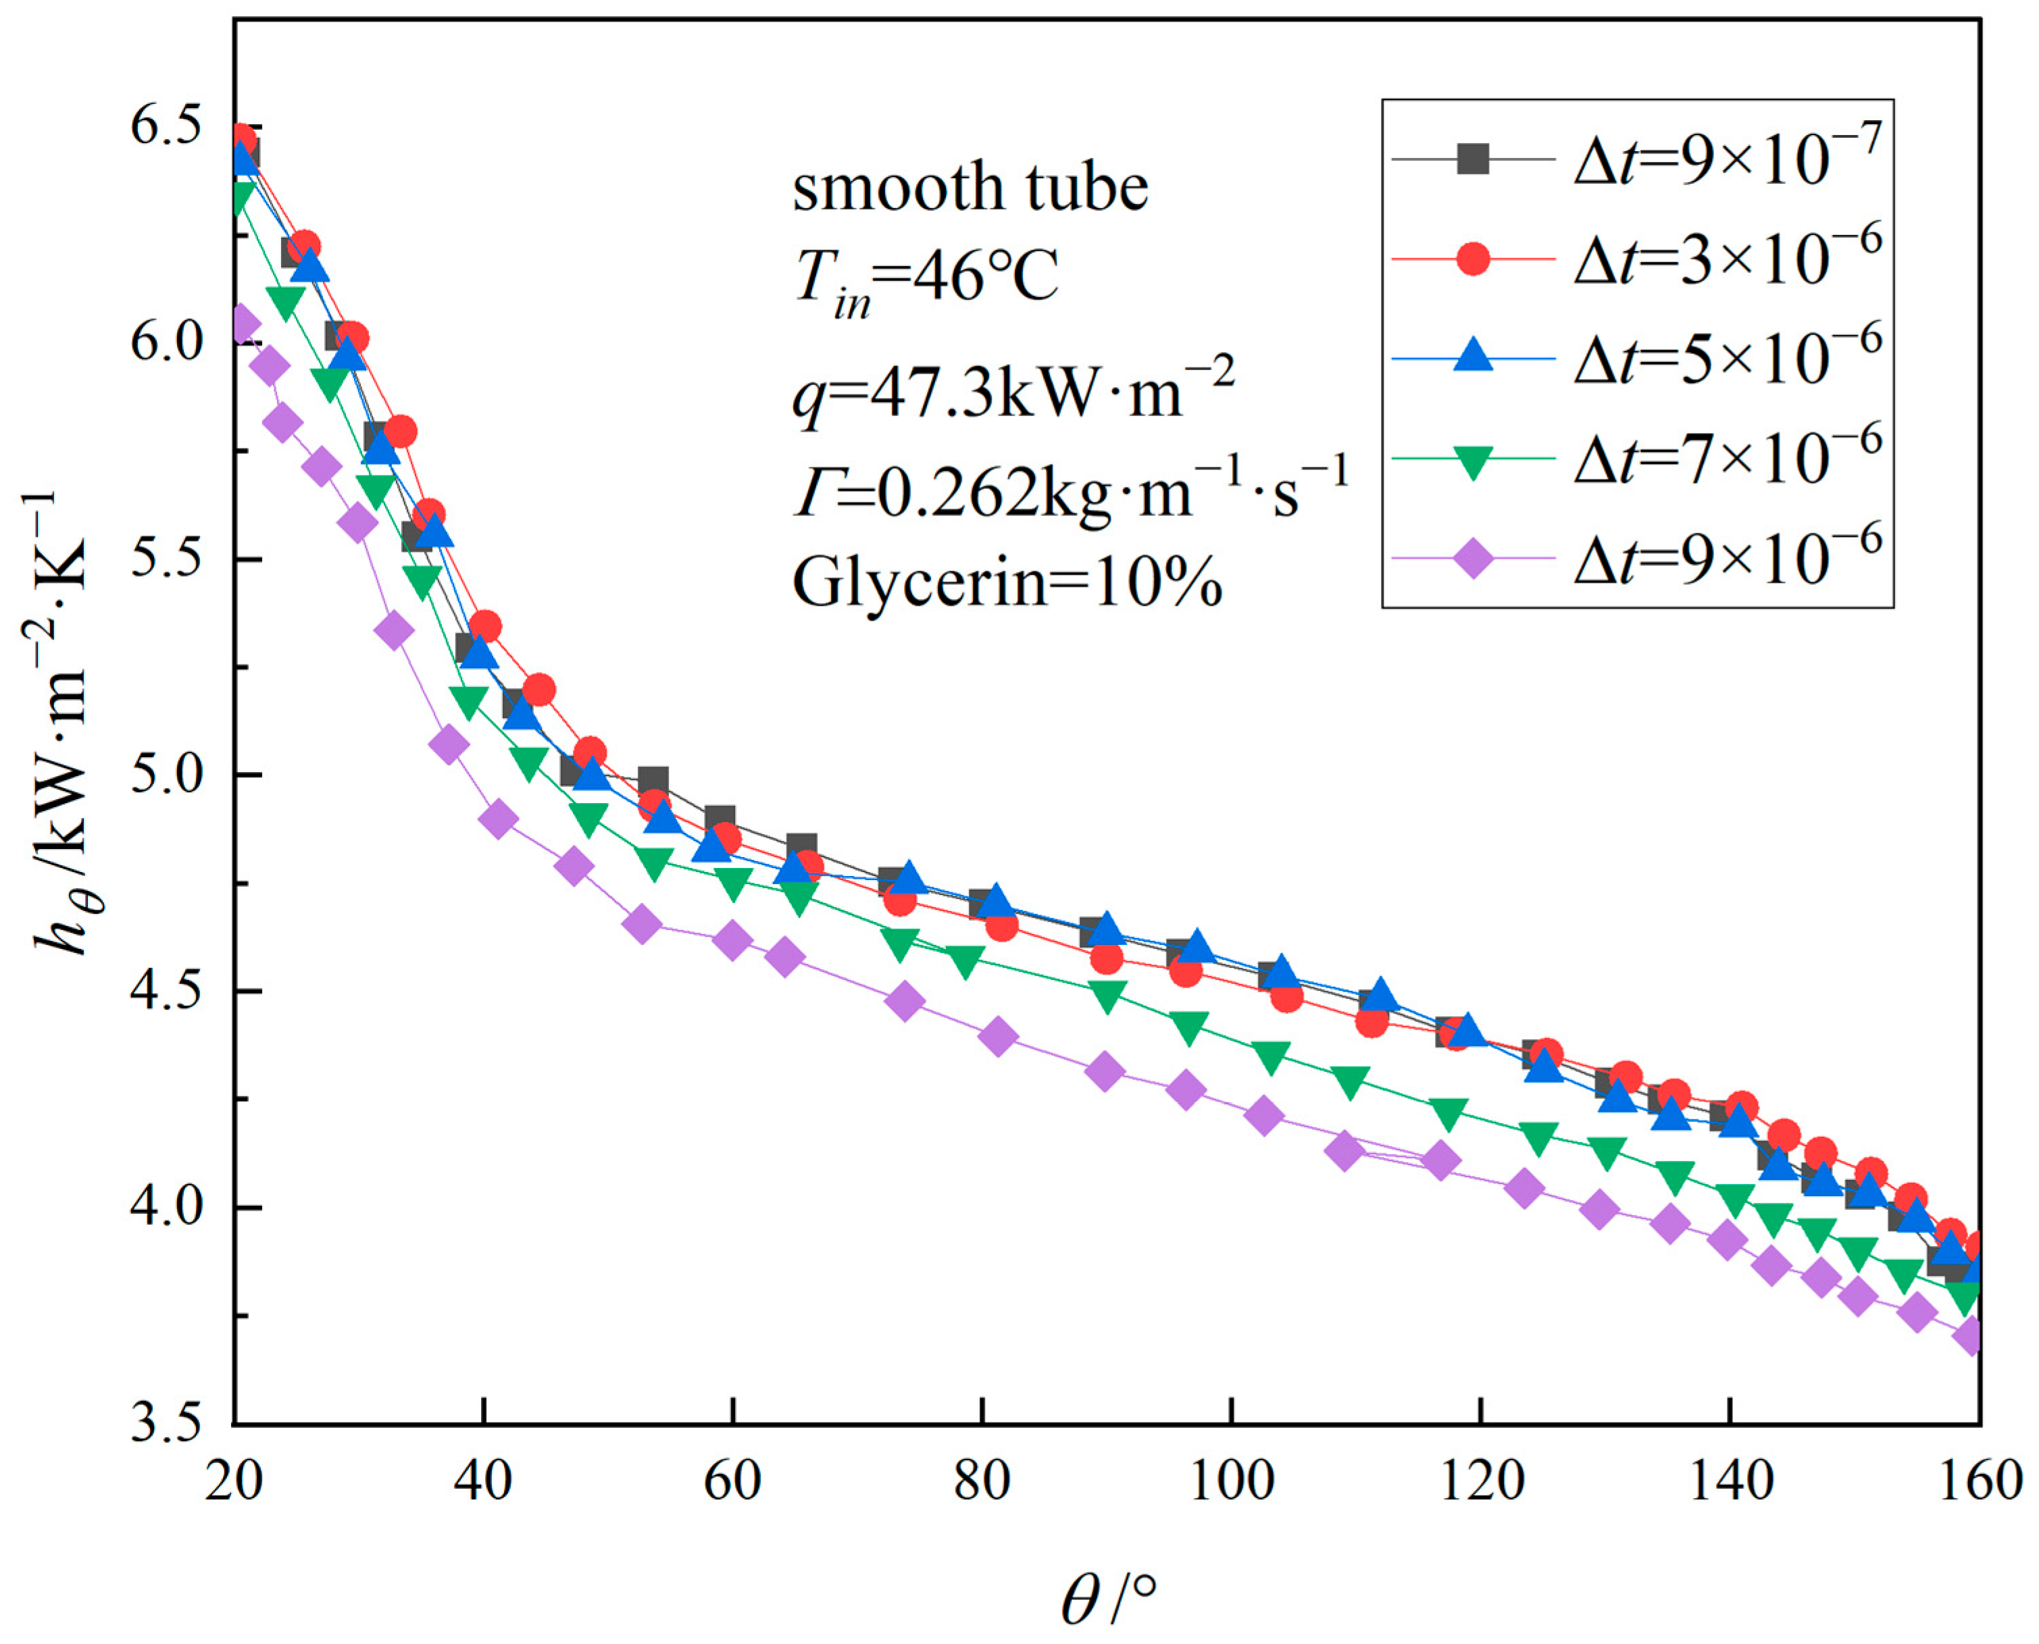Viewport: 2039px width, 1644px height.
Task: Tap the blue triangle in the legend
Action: pos(1473,359)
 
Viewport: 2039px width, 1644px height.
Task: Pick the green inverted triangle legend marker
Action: pos(1473,460)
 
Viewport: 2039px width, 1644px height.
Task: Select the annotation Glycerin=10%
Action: pos(1007,582)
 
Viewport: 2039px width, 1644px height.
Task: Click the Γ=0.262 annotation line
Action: pos(1070,492)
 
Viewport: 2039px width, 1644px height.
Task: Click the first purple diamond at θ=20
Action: pos(241,325)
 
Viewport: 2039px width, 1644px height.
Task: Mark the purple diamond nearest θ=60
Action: pos(732,940)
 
